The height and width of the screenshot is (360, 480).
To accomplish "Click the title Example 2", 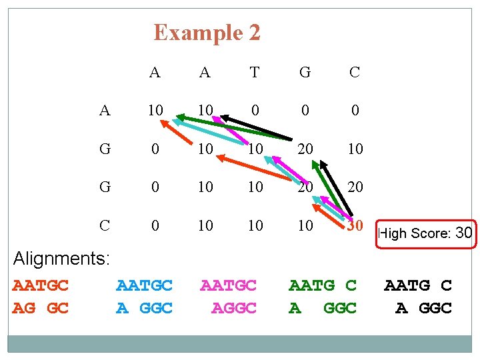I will (207, 32).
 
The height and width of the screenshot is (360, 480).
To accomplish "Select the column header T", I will (255, 73).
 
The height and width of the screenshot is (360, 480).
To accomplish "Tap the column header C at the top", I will (355, 73).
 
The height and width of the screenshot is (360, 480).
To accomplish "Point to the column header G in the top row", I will (305, 73).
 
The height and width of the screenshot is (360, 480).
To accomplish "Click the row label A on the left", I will (105, 111).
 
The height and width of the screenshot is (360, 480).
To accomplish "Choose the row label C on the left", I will (105, 226).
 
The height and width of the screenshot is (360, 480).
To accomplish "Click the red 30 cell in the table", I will (355, 226).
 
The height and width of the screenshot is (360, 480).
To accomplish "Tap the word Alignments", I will (61, 258).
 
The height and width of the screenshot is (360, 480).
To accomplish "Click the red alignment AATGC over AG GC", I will (41, 297).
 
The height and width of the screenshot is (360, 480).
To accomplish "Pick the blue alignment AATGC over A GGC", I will (144, 297).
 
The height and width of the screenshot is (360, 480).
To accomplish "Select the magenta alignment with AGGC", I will (229, 297).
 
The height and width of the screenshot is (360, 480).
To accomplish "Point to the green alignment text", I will (323, 297).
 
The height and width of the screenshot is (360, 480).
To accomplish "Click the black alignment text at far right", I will (418, 297).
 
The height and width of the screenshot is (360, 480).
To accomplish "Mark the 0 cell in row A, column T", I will (255, 111).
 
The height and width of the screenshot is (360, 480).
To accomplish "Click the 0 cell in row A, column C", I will (355, 111).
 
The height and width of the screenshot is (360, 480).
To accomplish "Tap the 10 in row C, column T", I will (255, 226).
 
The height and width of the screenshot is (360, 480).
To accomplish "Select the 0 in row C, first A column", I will (155, 226).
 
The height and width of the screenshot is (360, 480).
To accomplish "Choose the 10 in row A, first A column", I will (155, 111).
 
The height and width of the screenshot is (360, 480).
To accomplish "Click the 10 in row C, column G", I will (305, 226).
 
